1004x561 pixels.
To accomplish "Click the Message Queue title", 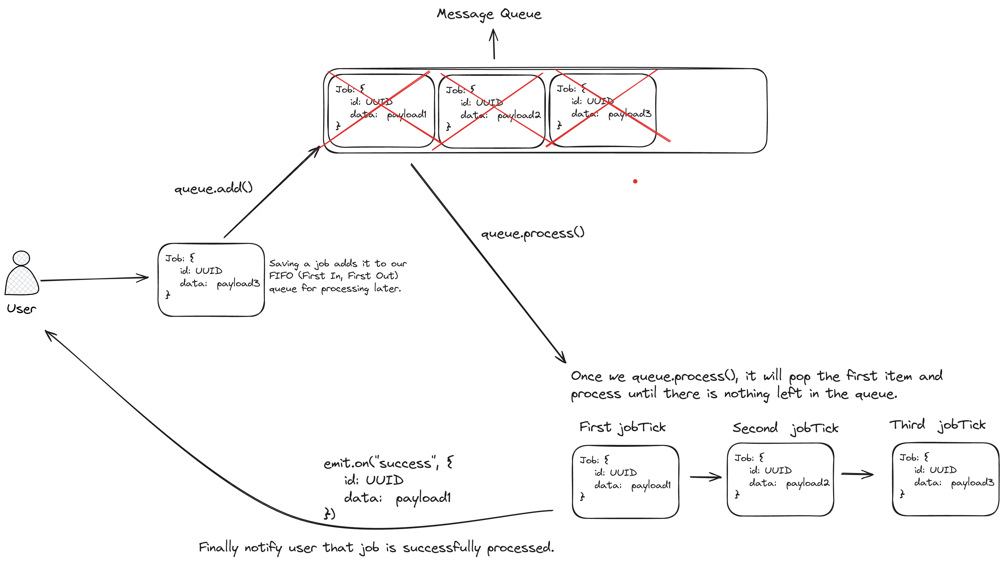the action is [x=489, y=14].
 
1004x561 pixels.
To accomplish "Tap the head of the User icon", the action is [x=21, y=258].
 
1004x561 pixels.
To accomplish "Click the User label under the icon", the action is [x=21, y=309].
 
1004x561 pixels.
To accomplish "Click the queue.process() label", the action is [x=533, y=233].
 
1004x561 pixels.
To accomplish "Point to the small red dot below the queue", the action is [x=635, y=181].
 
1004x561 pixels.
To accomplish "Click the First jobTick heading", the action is [x=623, y=427].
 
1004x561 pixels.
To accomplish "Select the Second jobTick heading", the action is [x=785, y=428].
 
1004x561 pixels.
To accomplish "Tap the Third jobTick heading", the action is [x=937, y=425].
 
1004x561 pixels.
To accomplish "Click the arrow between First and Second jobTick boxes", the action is [x=705, y=477].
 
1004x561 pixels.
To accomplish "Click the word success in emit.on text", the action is [x=405, y=464].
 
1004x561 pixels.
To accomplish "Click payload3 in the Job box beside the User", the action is [x=238, y=284].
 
